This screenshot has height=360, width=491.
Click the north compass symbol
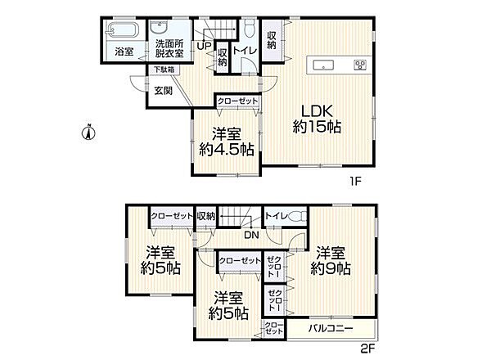tap(88, 132)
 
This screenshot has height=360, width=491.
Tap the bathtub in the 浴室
tap(123, 30)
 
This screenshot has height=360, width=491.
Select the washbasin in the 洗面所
tap(161, 27)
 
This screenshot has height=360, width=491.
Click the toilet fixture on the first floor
tap(250, 28)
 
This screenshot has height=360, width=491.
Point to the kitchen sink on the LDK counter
tap(323, 65)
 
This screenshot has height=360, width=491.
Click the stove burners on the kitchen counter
tap(360, 65)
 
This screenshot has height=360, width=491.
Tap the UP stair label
tap(204, 46)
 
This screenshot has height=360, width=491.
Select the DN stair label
tap(251, 235)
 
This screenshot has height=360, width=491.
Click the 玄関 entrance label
tap(163, 91)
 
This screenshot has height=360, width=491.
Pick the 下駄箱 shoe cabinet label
tap(164, 70)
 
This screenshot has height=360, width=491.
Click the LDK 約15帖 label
tap(317, 119)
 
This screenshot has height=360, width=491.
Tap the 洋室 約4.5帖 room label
tap(227, 142)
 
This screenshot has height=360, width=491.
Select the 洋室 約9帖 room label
tap(331, 260)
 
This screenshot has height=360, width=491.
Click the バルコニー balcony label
tap(331, 328)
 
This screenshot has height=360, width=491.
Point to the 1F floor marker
tap(356, 182)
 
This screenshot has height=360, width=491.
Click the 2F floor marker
tap(367, 349)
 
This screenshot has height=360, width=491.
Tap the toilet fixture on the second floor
tap(298, 216)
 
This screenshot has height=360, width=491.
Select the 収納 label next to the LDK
tap(272, 40)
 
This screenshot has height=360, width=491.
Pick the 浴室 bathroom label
tap(124, 52)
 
